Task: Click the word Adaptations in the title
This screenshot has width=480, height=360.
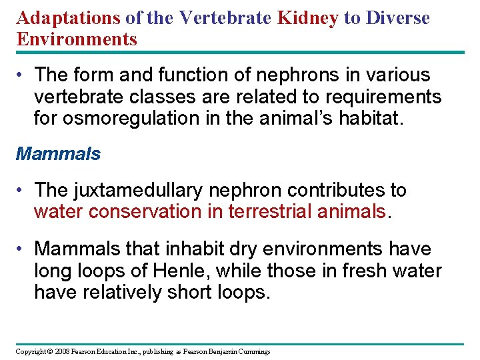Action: [x=68, y=18]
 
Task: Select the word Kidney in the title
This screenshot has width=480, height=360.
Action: [x=307, y=18]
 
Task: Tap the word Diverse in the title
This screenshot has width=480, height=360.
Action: [x=396, y=18]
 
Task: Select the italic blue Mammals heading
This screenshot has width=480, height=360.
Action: [x=58, y=154]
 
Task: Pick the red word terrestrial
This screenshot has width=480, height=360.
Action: [x=271, y=211]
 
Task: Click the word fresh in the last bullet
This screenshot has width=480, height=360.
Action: [x=361, y=271]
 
